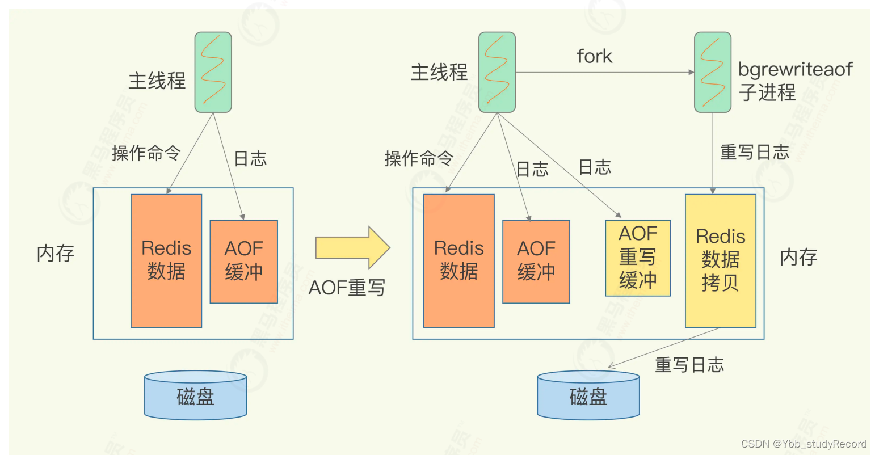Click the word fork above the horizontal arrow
594,56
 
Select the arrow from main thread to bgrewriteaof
604,73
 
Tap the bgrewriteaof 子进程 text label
794,81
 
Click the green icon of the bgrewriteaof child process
712,72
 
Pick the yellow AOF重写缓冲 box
638,258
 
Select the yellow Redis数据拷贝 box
720,261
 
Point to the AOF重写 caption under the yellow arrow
347,288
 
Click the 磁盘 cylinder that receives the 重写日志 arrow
588,396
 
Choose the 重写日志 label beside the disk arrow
689,365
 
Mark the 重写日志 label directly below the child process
754,152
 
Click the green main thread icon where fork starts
497,72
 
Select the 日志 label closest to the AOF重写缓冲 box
595,167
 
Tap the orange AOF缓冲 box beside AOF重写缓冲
536,261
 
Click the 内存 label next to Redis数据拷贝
798,257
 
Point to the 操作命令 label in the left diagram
146,153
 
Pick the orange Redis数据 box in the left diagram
166,261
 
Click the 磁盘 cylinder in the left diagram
195,396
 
